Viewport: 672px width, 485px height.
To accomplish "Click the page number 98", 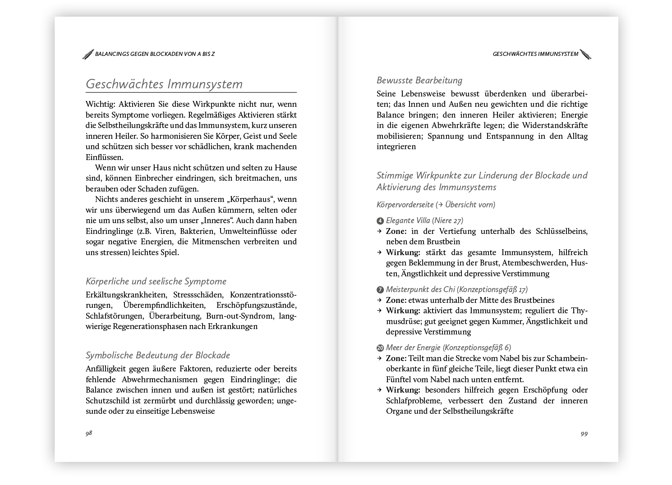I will (89, 433).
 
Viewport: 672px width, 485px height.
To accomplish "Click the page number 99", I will (584, 434).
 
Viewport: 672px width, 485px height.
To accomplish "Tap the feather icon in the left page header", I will (88, 54).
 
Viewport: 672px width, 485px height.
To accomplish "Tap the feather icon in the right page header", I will (585, 54).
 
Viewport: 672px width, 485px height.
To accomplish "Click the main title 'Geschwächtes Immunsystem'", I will (164, 84).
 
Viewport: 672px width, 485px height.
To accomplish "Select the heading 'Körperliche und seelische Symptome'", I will (156, 281).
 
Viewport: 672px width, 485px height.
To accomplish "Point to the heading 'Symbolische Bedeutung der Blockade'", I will (158, 355).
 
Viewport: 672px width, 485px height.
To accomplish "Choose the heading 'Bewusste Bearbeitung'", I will (419, 80).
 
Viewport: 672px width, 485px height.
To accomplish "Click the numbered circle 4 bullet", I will (380, 221).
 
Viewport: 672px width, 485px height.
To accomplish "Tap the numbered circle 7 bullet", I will (380, 290).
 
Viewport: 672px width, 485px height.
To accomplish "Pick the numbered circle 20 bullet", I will (380, 348).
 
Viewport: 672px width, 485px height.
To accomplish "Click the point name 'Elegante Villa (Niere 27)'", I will (424, 220).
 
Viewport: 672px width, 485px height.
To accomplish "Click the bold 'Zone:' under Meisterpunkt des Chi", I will (396, 300).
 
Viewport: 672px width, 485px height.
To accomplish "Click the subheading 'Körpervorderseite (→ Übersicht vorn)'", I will (436, 205).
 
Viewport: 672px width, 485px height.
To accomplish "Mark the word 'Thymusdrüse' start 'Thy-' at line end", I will (579, 311).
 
